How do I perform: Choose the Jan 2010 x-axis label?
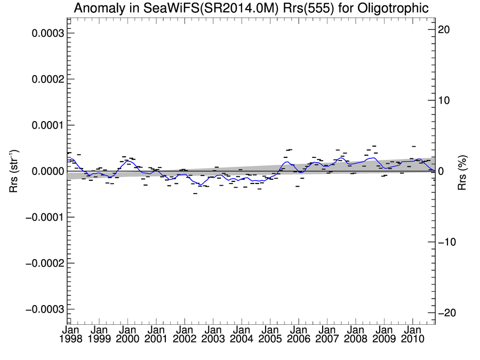[x=412, y=334]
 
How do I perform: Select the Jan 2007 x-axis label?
[x=326, y=334]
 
